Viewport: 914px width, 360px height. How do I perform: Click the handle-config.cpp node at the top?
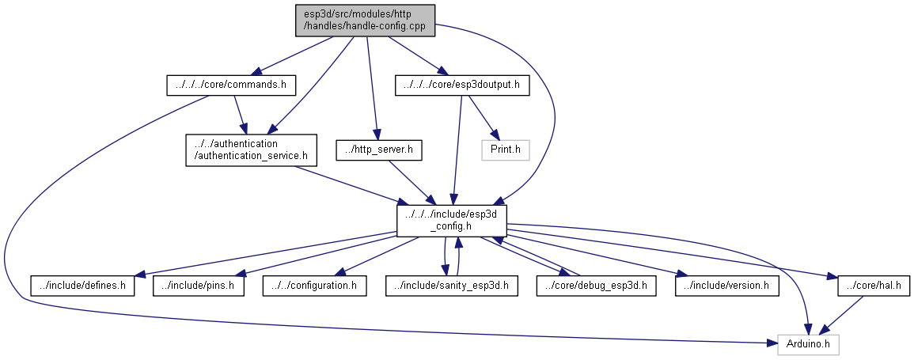(x=365, y=21)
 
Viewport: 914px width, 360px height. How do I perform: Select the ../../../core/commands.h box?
(x=231, y=85)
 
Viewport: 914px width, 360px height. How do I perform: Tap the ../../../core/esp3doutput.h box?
(x=461, y=85)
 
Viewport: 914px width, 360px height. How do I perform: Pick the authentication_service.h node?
(x=251, y=150)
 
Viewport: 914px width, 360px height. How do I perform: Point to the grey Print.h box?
(x=506, y=150)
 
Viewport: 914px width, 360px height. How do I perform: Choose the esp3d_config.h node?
(x=451, y=220)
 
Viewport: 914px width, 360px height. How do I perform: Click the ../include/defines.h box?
(x=82, y=286)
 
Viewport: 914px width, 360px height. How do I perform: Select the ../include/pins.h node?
(x=198, y=286)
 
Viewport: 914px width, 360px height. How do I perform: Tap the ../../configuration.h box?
(x=315, y=286)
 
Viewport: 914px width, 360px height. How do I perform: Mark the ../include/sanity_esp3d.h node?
(x=452, y=286)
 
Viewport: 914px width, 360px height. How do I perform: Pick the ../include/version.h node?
(x=727, y=286)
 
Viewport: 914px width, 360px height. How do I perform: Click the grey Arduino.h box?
(x=808, y=344)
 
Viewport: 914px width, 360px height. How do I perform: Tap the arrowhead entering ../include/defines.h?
(x=140, y=274)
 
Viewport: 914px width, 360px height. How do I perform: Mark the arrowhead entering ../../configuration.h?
(x=342, y=271)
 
